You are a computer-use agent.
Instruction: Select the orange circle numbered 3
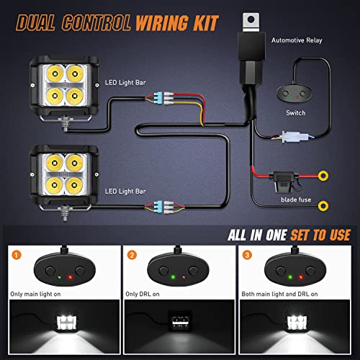(247, 253)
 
